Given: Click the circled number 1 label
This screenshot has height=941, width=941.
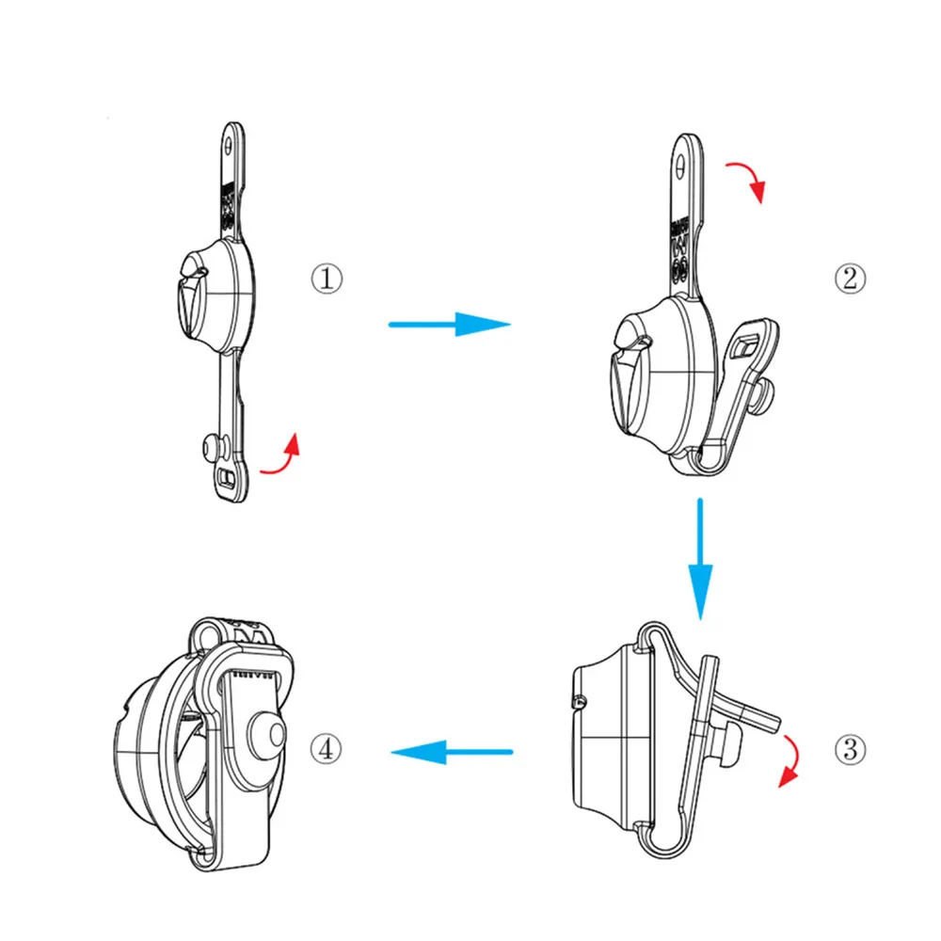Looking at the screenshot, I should click(327, 279).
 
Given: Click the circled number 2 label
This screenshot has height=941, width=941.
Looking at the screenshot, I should click(850, 279).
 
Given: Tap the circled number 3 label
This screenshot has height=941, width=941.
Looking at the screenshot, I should click(850, 749).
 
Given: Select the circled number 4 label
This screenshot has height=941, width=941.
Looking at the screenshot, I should click(326, 749).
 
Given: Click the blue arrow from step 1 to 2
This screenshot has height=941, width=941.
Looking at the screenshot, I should click(449, 325).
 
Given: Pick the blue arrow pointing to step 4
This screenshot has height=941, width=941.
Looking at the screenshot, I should click(452, 751).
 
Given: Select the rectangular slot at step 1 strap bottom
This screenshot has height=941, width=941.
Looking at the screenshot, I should click(226, 478).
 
